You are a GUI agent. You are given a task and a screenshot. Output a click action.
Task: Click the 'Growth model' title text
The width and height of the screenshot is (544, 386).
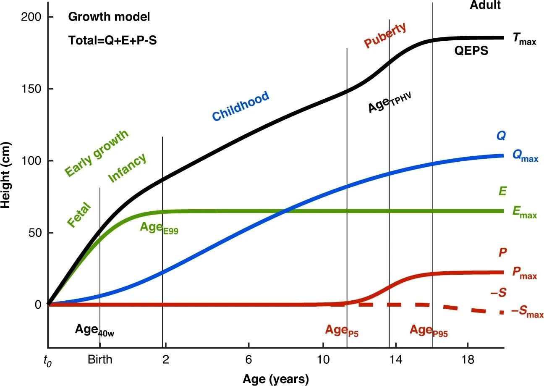(x=109, y=18)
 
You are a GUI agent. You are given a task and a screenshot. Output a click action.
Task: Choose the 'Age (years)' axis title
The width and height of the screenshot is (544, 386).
(x=275, y=379)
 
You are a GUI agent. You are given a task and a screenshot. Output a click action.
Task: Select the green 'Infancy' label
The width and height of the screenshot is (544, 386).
(x=127, y=168)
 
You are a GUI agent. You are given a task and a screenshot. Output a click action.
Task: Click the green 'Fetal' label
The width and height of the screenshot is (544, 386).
(x=80, y=215)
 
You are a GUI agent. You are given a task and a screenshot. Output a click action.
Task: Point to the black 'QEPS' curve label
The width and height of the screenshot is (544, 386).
(x=471, y=51)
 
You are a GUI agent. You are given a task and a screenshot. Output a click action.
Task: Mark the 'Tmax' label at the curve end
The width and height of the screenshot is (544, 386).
(x=524, y=39)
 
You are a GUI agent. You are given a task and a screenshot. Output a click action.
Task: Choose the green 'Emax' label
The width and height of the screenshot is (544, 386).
(x=524, y=213)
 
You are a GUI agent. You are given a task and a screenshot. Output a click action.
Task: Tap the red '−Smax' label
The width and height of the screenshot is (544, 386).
(x=527, y=312)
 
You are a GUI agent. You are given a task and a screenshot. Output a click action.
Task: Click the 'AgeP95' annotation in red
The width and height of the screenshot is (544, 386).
(x=429, y=331)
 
